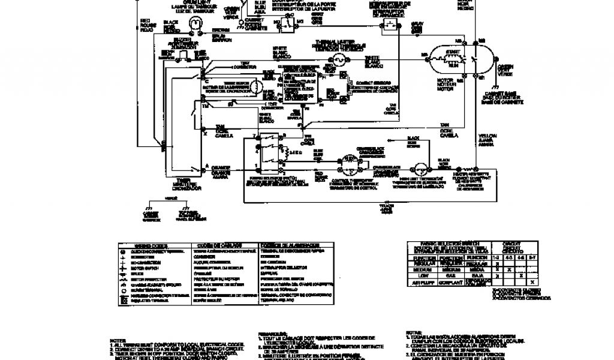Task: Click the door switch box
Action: coord(288,24)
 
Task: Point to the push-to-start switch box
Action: coord(391,23)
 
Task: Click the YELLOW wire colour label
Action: coord(486,137)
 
